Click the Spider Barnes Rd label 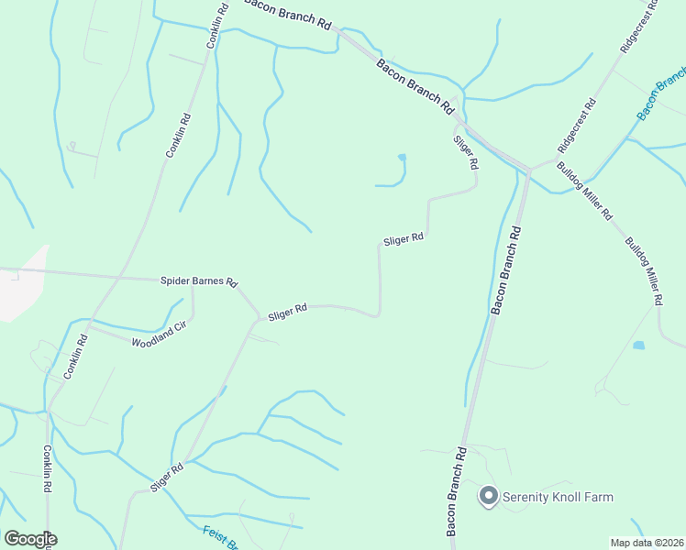click(199, 281)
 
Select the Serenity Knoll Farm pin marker click(488, 497)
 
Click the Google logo click(30, 538)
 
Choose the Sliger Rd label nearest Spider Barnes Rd click(286, 313)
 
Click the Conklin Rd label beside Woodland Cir click(75, 357)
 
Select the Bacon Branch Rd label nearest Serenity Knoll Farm click(456, 491)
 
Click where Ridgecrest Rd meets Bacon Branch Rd click(529, 170)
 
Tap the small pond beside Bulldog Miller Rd click(638, 346)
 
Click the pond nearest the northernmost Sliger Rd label click(401, 159)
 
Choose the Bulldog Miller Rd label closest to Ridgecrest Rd click(584, 191)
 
